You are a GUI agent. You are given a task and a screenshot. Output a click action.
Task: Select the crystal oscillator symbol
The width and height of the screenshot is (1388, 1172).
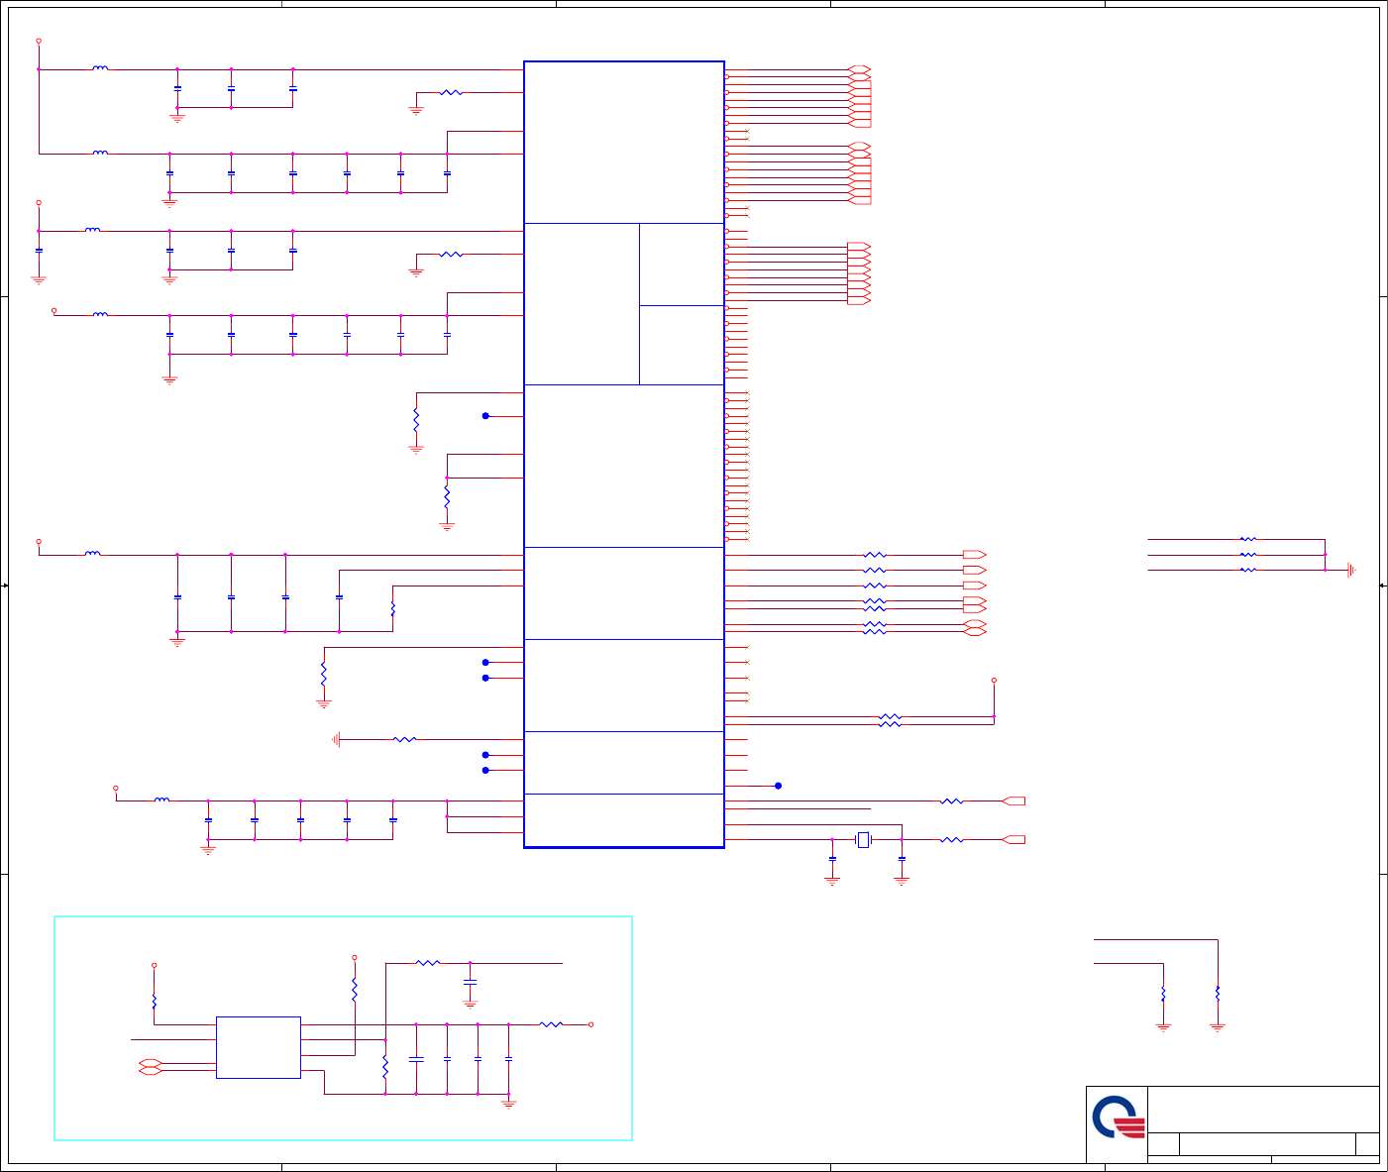[x=863, y=840]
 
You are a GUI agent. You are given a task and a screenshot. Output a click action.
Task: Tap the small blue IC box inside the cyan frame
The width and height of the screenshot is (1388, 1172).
[x=258, y=1047]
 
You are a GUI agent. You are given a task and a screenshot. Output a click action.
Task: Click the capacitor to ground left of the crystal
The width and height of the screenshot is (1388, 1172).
[x=832, y=859]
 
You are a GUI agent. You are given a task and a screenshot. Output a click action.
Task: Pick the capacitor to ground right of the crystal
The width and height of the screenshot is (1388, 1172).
[x=902, y=859]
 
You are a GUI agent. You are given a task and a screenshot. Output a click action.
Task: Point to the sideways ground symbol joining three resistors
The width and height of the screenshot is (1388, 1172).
[x=1350, y=570]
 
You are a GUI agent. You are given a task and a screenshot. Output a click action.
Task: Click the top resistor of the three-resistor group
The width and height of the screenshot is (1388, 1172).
[x=1248, y=540]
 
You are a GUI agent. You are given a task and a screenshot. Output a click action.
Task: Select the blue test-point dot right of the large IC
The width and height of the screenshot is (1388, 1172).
[x=778, y=786]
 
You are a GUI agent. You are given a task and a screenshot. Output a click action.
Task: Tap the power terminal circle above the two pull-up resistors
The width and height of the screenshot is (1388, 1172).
[x=994, y=681]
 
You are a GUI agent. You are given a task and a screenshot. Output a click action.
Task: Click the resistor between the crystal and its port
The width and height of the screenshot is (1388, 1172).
[x=951, y=840]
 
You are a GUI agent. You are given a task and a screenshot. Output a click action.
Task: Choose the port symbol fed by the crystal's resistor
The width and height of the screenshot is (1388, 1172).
[x=1014, y=840]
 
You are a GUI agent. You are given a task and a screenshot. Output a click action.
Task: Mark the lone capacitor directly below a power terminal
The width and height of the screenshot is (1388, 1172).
[x=39, y=251]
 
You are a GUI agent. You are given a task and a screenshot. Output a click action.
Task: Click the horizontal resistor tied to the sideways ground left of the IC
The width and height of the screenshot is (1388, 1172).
[x=404, y=739]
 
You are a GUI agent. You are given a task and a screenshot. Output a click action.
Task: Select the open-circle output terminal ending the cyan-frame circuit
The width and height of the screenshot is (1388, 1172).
[x=591, y=1024]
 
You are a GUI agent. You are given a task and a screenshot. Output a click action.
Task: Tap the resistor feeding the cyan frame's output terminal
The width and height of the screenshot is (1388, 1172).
[x=551, y=1024]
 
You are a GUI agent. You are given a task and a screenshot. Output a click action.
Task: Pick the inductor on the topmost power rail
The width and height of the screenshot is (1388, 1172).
[x=100, y=69]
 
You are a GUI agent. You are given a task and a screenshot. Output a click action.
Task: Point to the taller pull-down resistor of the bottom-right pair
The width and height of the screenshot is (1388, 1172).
[x=1218, y=994]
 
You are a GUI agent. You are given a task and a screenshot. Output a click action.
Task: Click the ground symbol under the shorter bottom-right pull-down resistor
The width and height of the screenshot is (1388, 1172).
[x=1163, y=1027]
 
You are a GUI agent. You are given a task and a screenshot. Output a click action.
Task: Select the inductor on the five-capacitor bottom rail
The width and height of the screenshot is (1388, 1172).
[x=162, y=800]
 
